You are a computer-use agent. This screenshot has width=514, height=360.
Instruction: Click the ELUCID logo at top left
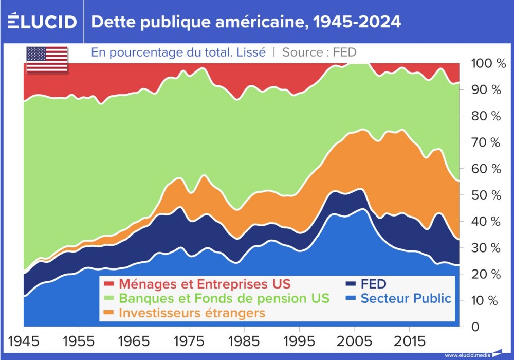point(42,22)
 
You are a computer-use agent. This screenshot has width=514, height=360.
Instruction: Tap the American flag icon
point(47,60)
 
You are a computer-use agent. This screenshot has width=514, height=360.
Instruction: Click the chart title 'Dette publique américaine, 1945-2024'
point(246,22)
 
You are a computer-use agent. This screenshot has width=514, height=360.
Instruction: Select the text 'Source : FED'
point(319,52)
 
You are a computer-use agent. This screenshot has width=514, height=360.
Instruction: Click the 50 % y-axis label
point(486,195)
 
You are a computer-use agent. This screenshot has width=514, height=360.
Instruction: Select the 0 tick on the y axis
point(476,327)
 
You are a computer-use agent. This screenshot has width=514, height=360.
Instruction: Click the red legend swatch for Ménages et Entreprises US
point(109,284)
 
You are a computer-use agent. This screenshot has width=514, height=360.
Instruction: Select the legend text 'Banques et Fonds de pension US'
point(224,298)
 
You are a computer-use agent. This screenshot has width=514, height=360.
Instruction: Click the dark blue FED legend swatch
point(351,284)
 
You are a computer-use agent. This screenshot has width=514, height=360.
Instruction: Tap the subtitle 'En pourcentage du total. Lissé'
point(178,52)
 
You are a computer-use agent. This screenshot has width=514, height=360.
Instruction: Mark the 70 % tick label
point(486,142)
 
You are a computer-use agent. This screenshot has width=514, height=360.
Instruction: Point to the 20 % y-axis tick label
point(486,274)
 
